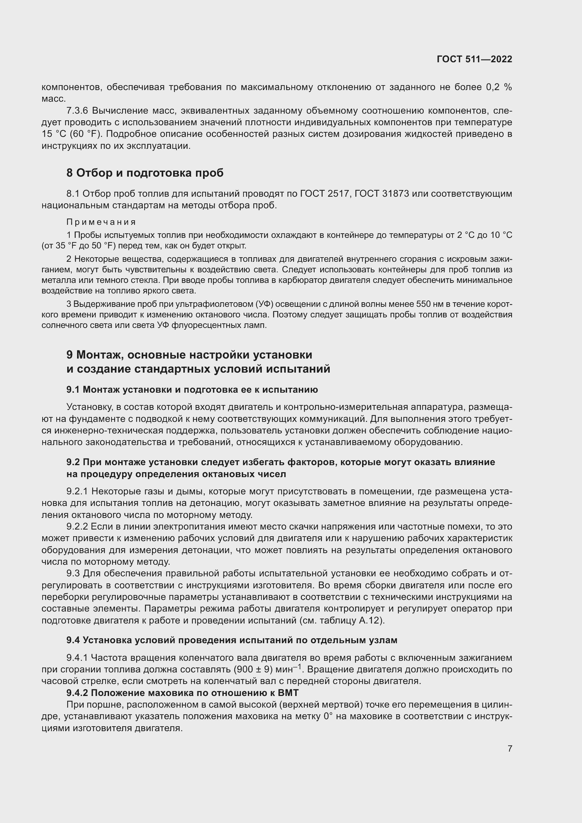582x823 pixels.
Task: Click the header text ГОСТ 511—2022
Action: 474,59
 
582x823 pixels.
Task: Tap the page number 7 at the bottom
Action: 510,748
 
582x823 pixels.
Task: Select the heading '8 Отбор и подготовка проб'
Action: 145,173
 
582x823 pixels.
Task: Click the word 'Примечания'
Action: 101,222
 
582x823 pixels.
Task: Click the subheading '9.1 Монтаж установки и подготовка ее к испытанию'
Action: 192,390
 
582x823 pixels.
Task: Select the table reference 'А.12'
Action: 368,620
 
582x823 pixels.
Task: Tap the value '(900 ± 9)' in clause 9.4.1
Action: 254,669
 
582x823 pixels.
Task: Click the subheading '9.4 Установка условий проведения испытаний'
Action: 232,640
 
